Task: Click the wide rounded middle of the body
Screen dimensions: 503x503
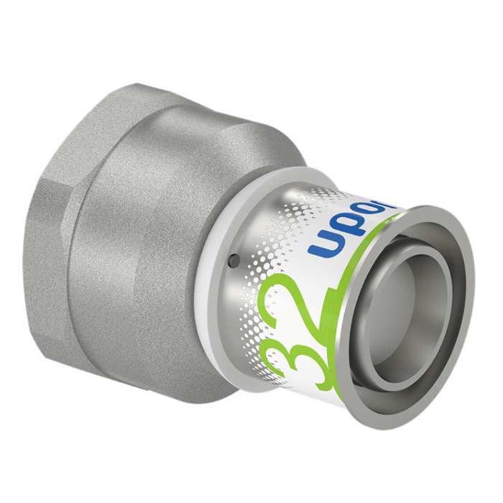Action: [x=144, y=237]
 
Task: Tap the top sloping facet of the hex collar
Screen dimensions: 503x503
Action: [x=86, y=122]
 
